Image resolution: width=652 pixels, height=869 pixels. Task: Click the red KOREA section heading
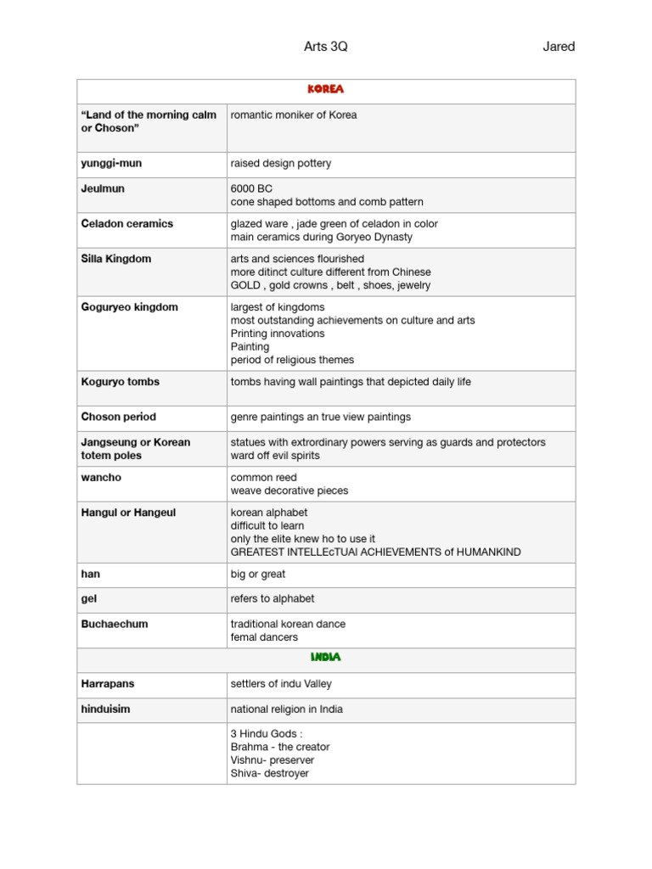pyautogui.click(x=326, y=89)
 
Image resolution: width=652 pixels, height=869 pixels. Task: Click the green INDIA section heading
pyautogui.click(x=326, y=658)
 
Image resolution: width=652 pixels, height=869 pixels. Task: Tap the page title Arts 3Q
pyautogui.click(x=326, y=47)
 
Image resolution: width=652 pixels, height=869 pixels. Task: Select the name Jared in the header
pyautogui.click(x=559, y=47)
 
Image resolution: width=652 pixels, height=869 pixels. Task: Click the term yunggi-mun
pyautogui.click(x=111, y=163)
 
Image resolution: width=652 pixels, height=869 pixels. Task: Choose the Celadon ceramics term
pyautogui.click(x=126, y=224)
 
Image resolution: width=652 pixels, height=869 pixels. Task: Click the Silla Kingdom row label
pyautogui.click(x=116, y=259)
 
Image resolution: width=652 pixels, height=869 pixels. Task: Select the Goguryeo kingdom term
pyautogui.click(x=129, y=307)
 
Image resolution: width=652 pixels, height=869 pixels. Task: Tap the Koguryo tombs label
pyautogui.click(x=120, y=382)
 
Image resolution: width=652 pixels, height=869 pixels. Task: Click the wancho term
pyautogui.click(x=101, y=478)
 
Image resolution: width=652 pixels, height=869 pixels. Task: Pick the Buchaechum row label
pyautogui.click(x=114, y=624)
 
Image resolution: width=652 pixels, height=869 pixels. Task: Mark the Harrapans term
pyautogui.click(x=108, y=684)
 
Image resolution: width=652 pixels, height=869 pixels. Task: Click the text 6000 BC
pyautogui.click(x=251, y=188)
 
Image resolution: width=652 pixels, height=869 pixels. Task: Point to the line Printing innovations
pyautogui.click(x=278, y=334)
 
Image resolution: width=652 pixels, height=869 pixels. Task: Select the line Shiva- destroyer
pyautogui.click(x=269, y=774)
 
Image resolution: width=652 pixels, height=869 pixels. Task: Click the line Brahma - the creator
pyautogui.click(x=280, y=747)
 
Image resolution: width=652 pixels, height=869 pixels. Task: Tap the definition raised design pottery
pyautogui.click(x=281, y=163)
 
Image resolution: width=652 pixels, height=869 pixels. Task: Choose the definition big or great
pyautogui.click(x=258, y=575)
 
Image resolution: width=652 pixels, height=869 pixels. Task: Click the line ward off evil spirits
pyautogui.click(x=275, y=456)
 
